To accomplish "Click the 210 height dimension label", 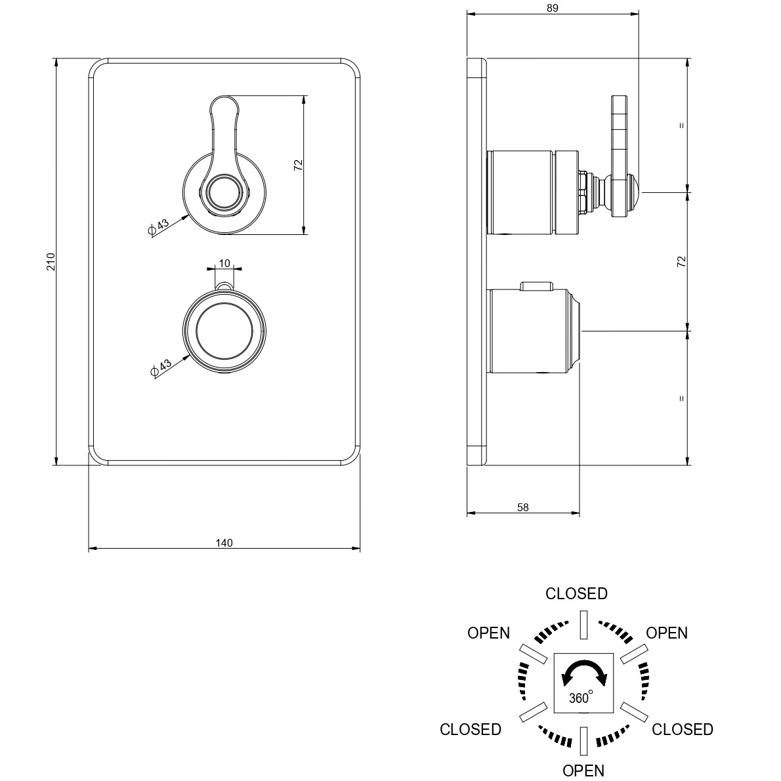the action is (51, 261).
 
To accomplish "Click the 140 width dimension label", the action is (224, 543).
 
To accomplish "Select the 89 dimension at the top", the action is (553, 8).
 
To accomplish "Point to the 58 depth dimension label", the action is (523, 507).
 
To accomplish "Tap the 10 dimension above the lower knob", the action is (224, 263).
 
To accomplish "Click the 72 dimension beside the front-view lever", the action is (299, 165).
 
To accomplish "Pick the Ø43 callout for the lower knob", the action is (160, 368).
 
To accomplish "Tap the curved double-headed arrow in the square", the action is (583, 671).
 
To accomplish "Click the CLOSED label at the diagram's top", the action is (576, 594).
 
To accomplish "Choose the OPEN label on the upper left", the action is (489, 633).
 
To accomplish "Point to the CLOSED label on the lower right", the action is (683, 729).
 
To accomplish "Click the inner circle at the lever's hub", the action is (224, 191).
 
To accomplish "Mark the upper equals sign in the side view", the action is (682, 125).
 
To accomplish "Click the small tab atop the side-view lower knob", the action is (536, 286).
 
